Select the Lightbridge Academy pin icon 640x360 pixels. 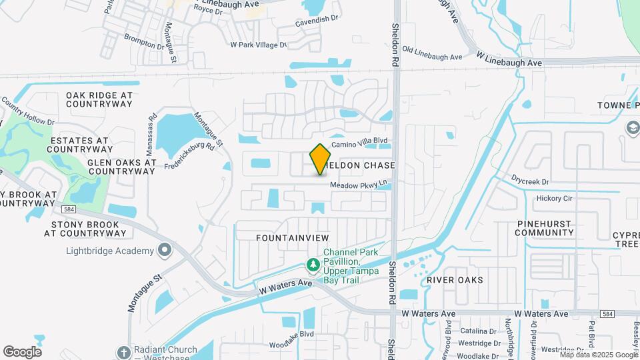point(165,251)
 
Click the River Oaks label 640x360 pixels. point(455,280)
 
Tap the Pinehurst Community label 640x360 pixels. point(544,227)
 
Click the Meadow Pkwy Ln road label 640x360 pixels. point(359,185)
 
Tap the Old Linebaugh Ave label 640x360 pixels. point(432,57)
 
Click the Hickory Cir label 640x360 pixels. point(554,198)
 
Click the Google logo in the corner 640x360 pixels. point(22,352)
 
